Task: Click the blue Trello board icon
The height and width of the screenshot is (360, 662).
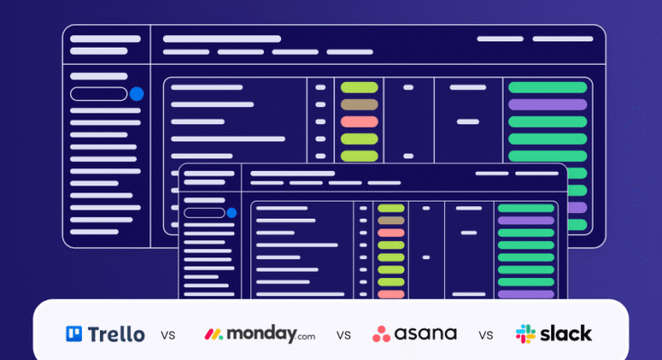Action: pyautogui.click(x=74, y=334)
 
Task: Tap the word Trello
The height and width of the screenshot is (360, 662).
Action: pyautogui.click(x=114, y=334)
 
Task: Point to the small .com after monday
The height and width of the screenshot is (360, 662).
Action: pyautogui.click(x=306, y=337)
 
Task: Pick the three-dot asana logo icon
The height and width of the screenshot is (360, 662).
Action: pyautogui.click(x=382, y=334)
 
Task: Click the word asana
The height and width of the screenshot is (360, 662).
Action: pyautogui.click(x=427, y=334)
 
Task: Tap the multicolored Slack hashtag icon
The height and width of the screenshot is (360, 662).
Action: pyautogui.click(x=525, y=334)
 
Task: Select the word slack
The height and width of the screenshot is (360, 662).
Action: pyautogui.click(x=567, y=334)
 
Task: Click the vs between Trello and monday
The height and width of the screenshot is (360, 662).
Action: pyautogui.click(x=168, y=336)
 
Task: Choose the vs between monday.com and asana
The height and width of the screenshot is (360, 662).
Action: pyautogui.click(x=343, y=336)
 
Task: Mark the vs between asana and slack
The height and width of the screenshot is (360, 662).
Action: pyautogui.click(x=486, y=336)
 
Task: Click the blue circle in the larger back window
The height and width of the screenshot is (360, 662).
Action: pyautogui.click(x=137, y=94)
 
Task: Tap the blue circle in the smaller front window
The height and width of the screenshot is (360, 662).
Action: pyautogui.click(x=231, y=213)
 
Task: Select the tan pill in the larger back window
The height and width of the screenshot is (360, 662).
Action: pyautogui.click(x=359, y=104)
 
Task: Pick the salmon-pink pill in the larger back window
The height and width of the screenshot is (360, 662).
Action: pyautogui.click(x=359, y=121)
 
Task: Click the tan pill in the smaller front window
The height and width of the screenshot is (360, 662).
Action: pyautogui.click(x=390, y=220)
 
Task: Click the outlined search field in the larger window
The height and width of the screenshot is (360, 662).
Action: pyautogui.click(x=98, y=94)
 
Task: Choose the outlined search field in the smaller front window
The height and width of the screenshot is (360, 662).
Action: pyautogui.click(x=204, y=213)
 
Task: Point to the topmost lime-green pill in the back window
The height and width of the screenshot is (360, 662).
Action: pyautogui.click(x=359, y=87)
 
